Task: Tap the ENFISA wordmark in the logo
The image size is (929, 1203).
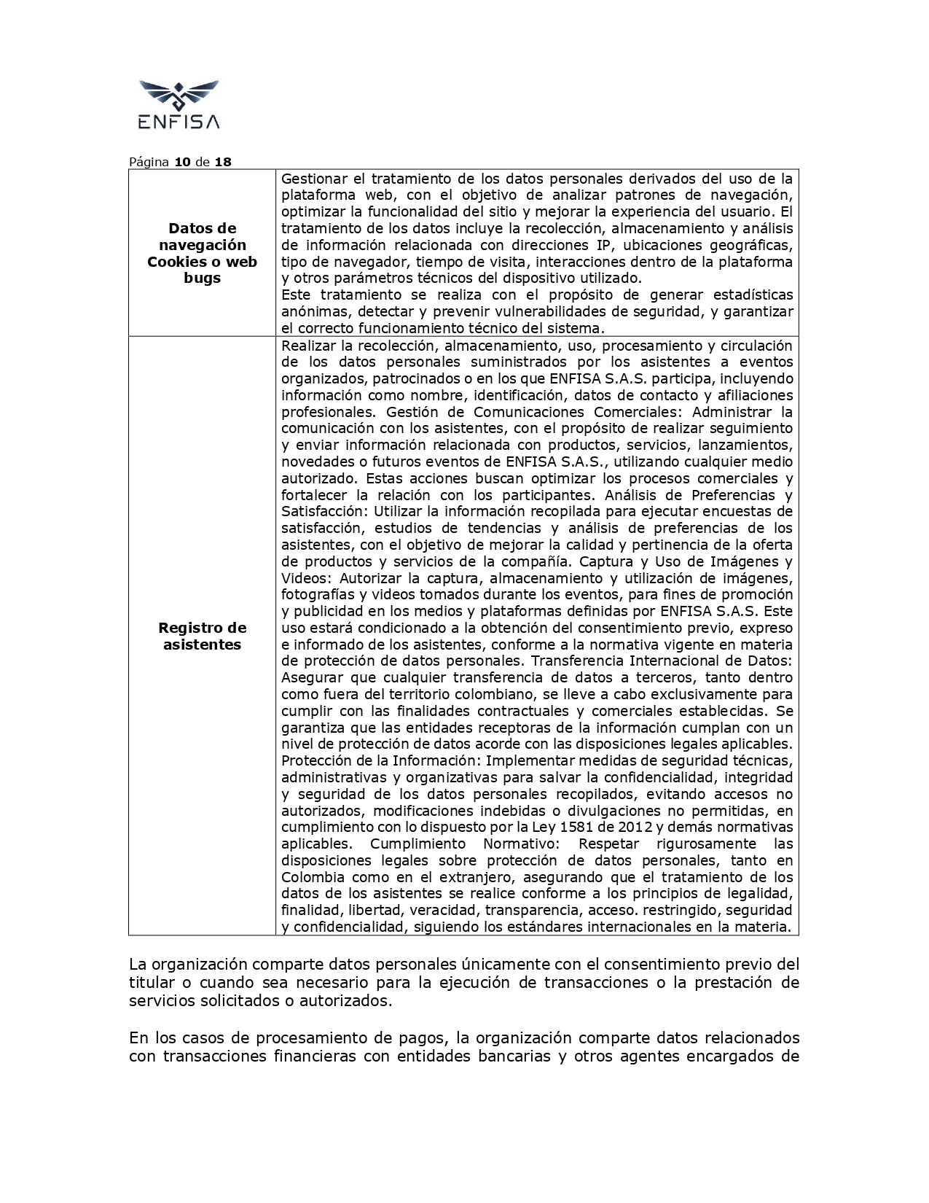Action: coord(179,122)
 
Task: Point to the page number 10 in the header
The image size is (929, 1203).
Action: coord(182,162)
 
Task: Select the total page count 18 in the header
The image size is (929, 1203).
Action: coord(223,162)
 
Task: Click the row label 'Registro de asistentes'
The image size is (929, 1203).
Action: coord(202,636)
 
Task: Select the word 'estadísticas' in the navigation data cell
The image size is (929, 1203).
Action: coord(753,295)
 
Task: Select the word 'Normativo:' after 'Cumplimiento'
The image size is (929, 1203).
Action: coord(522,844)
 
